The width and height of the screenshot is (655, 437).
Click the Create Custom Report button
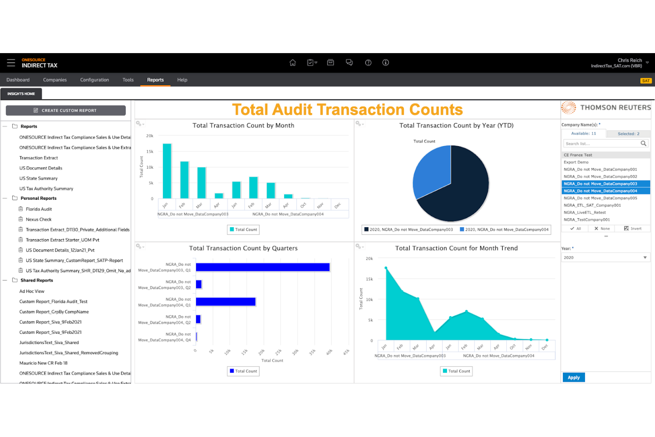[65, 111]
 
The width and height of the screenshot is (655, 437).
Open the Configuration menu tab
[94, 80]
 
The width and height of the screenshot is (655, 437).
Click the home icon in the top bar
[293, 63]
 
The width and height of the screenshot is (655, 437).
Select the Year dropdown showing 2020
[605, 258]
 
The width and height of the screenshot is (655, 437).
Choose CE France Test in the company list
[578, 155]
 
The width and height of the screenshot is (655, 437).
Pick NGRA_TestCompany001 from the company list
[587, 220]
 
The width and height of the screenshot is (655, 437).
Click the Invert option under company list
[633, 229]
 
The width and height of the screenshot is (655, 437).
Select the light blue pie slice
[431, 171]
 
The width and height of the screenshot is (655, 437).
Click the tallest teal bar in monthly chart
[167, 171]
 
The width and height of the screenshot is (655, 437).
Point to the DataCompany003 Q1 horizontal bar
[262, 267]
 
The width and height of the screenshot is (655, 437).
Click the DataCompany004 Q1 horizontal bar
[226, 302]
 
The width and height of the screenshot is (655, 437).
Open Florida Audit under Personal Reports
[39, 209]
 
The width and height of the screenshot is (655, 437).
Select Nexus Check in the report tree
[39, 220]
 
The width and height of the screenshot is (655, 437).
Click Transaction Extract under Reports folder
[39, 158]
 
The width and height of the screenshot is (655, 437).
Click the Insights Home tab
[21, 94]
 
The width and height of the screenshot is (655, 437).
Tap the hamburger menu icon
[11, 63]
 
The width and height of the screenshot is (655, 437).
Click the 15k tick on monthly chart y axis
[150, 152]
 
